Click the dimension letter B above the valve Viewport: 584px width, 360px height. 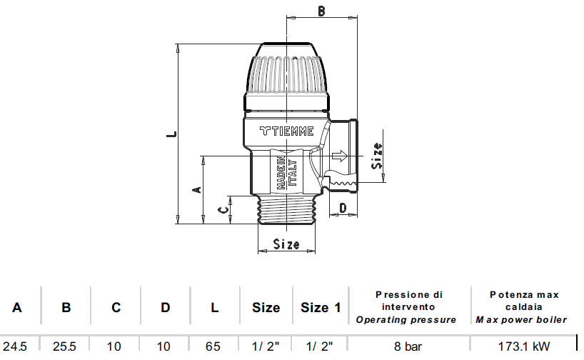pyautogui.click(x=321, y=11)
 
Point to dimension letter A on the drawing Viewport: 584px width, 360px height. pyautogui.click(x=198, y=190)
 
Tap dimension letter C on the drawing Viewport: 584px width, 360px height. pyautogui.click(x=223, y=209)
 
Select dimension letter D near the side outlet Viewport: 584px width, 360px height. pyautogui.click(x=343, y=208)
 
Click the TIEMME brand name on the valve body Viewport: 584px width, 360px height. pyautogui.click(x=286, y=131)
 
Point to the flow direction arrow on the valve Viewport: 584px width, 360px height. pyautogui.click(x=339, y=156)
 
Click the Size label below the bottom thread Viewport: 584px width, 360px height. pyautogui.click(x=286, y=244)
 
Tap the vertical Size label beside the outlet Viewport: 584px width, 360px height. pyautogui.click(x=377, y=156)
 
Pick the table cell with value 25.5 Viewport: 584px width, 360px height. pyautogui.click(x=66, y=346)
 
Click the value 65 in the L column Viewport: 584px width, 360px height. pyautogui.click(x=213, y=346)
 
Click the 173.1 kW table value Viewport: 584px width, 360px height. pyautogui.click(x=524, y=346)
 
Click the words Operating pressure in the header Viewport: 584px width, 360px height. pyautogui.click(x=406, y=319)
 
